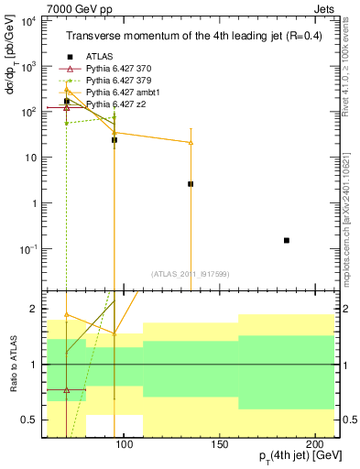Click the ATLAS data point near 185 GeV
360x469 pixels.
[287, 240]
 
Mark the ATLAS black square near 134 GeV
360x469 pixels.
[191, 184]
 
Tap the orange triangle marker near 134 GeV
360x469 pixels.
[191, 142]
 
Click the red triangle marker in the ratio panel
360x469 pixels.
[67, 390]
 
